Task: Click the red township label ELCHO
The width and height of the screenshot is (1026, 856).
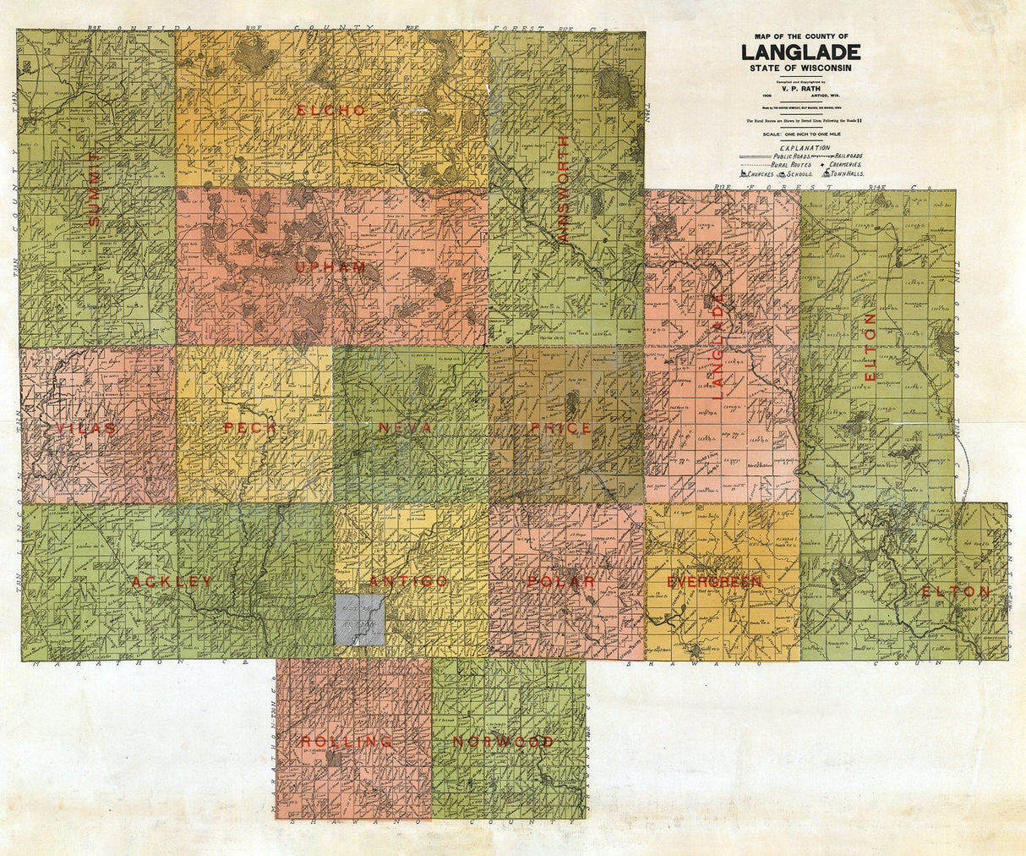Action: point(331,111)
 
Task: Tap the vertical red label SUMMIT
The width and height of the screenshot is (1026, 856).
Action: point(94,189)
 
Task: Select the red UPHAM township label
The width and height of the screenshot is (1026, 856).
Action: point(330,268)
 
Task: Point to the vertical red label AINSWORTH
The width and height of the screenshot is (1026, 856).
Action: point(564,189)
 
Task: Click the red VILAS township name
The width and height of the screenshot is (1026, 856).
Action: point(86,429)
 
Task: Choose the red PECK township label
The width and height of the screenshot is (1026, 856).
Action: point(250,428)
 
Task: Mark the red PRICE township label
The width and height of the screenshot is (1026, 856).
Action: point(561,429)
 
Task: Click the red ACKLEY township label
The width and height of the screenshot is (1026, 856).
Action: point(172,582)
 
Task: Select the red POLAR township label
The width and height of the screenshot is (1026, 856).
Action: point(562,582)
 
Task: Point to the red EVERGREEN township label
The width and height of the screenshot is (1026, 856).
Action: point(714,582)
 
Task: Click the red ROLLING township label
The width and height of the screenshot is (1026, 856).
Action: point(347,742)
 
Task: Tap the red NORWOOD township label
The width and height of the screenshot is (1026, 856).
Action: point(503,743)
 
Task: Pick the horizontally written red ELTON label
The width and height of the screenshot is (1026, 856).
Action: point(956,592)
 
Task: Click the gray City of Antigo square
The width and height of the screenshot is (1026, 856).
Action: point(360,621)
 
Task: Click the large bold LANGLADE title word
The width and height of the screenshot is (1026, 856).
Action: point(801,52)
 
